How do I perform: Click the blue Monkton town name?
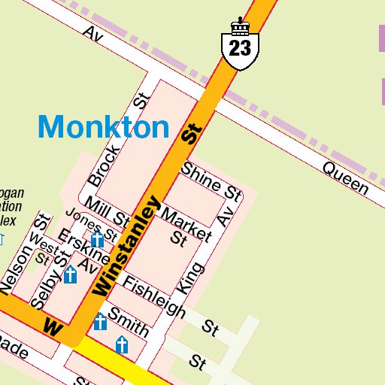pyautogui.click(x=104, y=127)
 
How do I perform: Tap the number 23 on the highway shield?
pyautogui.click(x=240, y=49)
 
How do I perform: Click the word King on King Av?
pyautogui.click(x=191, y=278)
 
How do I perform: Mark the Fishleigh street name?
pyautogui.click(x=153, y=297)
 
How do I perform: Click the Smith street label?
pyautogui.click(x=128, y=321)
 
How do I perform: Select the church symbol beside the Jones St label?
pyautogui.click(x=97, y=240)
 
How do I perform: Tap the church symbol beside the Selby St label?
pyautogui.click(x=70, y=274)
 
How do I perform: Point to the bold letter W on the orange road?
pyautogui.click(x=53, y=327)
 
